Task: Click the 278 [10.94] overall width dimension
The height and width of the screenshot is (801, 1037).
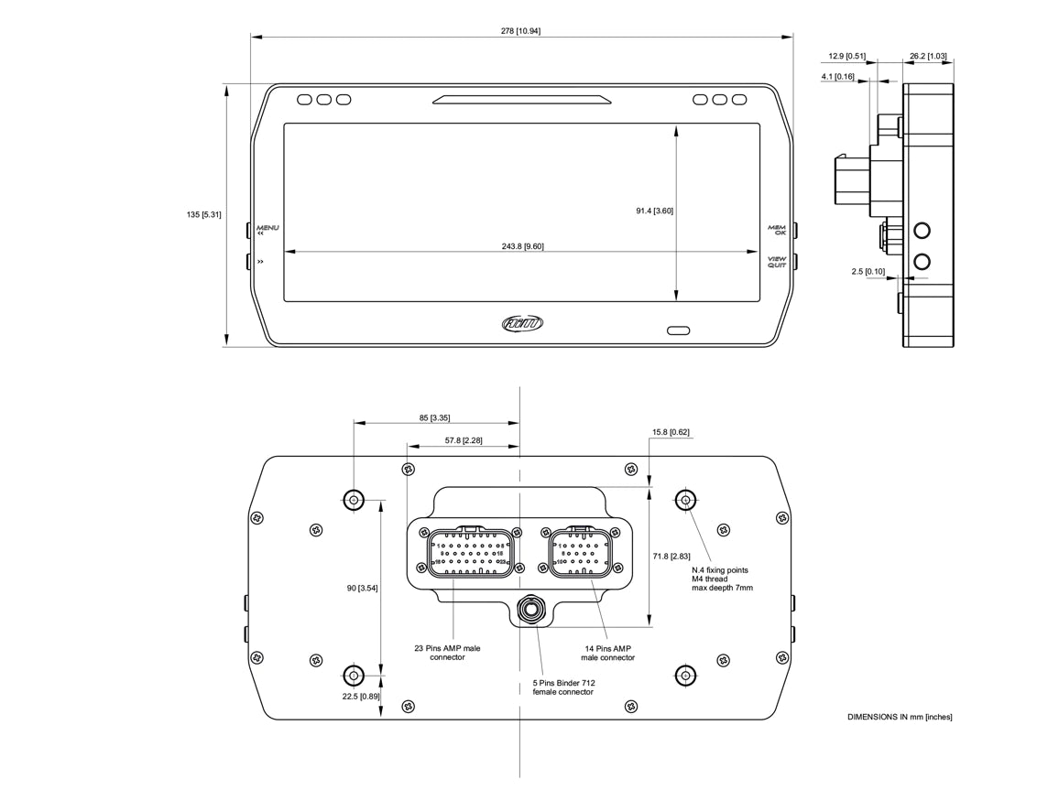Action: pyautogui.click(x=520, y=31)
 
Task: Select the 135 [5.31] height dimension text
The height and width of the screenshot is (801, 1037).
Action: pyautogui.click(x=203, y=214)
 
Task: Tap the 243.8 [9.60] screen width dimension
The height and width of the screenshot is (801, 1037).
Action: pyautogui.click(x=522, y=245)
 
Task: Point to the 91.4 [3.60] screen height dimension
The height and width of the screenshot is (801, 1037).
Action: pyautogui.click(x=655, y=211)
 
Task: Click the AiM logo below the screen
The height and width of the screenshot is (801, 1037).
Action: pyautogui.click(x=522, y=323)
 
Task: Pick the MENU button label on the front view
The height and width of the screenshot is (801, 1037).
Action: pyautogui.click(x=267, y=227)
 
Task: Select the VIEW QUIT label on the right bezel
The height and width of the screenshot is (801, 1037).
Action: pyautogui.click(x=777, y=262)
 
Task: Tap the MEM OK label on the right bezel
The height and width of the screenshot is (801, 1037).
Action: pyautogui.click(x=777, y=230)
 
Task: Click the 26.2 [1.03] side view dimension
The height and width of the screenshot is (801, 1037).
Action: pyautogui.click(x=929, y=56)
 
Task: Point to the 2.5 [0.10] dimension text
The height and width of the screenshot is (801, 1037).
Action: pyautogui.click(x=868, y=271)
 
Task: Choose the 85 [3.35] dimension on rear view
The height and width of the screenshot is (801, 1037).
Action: pyautogui.click(x=434, y=417)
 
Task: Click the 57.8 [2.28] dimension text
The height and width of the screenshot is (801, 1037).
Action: pyautogui.click(x=464, y=440)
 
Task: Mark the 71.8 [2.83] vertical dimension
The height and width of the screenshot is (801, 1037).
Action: pyautogui.click(x=671, y=556)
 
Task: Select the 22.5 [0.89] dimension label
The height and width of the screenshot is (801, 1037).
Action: pyautogui.click(x=357, y=697)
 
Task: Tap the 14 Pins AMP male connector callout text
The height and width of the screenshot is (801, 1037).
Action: pyautogui.click(x=607, y=653)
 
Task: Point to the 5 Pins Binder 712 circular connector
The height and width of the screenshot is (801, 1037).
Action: pyautogui.click(x=530, y=610)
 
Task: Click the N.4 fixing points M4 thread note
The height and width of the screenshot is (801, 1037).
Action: pyautogui.click(x=722, y=579)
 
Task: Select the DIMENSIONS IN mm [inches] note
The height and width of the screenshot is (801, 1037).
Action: pyautogui.click(x=899, y=717)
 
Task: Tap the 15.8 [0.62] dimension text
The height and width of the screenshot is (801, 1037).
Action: pyautogui.click(x=671, y=431)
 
